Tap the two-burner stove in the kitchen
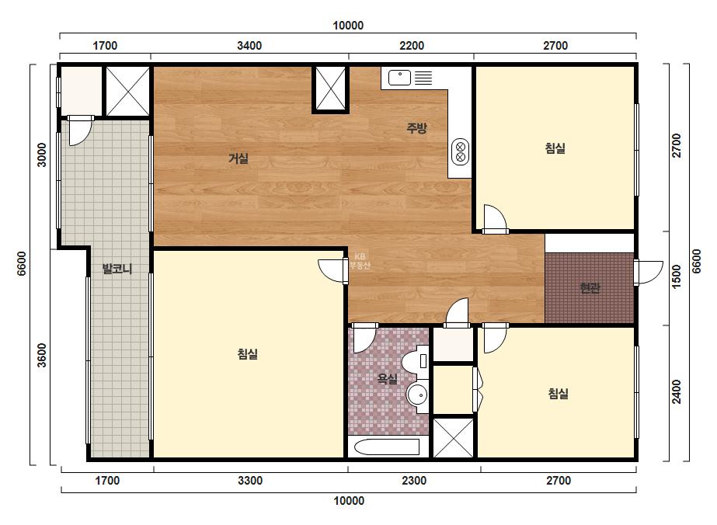(x=461, y=151)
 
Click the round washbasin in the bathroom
(x=417, y=395)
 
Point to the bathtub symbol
(x=387, y=447)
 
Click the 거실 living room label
(x=238, y=158)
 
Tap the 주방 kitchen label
(x=416, y=127)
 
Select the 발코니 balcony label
(x=117, y=269)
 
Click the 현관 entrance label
(x=590, y=288)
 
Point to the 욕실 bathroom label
(x=387, y=379)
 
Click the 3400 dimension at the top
(x=249, y=46)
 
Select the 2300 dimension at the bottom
(x=414, y=481)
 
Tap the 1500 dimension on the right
(x=677, y=276)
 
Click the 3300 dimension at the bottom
(x=251, y=481)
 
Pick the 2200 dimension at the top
(x=412, y=46)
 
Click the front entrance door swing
(x=649, y=273)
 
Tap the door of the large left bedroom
(x=333, y=271)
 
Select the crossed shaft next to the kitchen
(x=331, y=89)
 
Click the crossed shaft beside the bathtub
(x=454, y=438)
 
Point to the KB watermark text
(x=360, y=261)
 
